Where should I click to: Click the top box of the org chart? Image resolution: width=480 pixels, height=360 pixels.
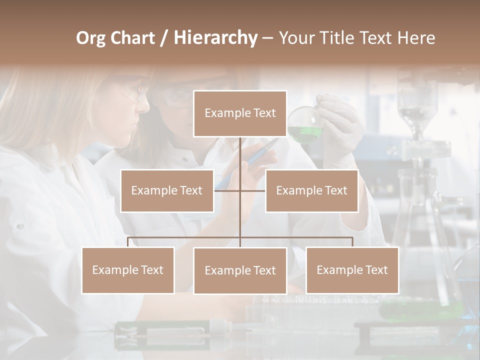coord(240,113)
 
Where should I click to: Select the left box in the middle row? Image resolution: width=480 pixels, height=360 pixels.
coord(167,191)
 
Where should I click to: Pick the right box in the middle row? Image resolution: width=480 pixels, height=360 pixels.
coord(311,191)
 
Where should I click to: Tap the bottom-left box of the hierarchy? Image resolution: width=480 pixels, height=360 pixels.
coord(128,270)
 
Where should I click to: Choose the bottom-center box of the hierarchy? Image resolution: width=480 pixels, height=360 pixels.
coord(240,271)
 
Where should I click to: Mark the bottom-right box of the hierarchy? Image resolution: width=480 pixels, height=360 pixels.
coord(352,270)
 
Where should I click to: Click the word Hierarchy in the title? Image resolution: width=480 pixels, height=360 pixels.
coord(215,38)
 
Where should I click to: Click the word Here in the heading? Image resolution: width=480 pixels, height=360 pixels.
coord(416,38)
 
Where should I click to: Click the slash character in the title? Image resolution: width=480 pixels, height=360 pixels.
coord(164,38)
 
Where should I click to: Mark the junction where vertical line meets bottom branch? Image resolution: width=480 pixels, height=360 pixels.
coord(240,237)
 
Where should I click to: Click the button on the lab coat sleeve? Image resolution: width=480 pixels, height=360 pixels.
coord(19,226)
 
